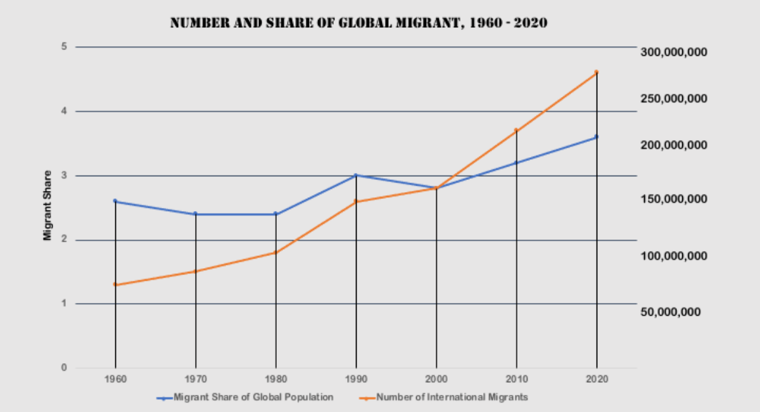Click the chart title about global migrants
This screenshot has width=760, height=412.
359,23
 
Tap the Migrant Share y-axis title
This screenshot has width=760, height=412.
47,205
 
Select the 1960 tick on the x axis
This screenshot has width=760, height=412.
115,379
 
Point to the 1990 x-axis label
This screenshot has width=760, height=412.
355,379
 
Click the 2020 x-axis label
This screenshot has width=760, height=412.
596,379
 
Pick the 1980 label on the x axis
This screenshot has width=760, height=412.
275,379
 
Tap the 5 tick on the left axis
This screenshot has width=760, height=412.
63,47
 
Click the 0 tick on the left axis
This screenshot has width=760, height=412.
63,368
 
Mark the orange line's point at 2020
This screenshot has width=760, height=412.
596,72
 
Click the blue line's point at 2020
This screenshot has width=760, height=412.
596,137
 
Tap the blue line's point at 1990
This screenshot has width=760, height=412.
355,175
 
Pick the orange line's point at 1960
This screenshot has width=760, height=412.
115,284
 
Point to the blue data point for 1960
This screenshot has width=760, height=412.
115,201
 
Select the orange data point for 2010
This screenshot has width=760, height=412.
516,130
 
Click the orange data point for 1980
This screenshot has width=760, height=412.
275,252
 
